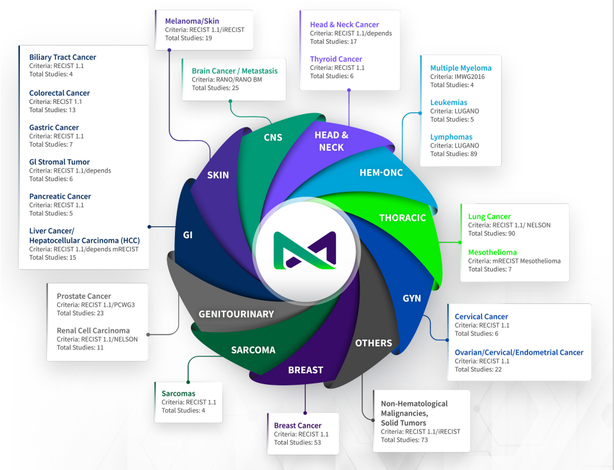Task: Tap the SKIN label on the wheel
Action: click(x=219, y=175)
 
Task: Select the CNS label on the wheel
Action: click(x=273, y=137)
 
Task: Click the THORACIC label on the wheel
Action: click(x=402, y=218)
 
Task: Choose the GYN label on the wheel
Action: click(x=411, y=299)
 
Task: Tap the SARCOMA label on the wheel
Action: click(x=253, y=350)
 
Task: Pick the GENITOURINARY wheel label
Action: click(x=236, y=314)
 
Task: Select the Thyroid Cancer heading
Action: click(x=336, y=59)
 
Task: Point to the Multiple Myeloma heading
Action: click(x=461, y=68)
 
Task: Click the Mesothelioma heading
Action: click(x=492, y=252)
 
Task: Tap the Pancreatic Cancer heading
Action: click(x=60, y=196)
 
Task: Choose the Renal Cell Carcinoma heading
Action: click(x=93, y=331)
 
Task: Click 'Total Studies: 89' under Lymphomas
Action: click(x=454, y=154)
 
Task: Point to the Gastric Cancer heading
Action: click(x=54, y=128)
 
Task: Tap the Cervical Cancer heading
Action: click(x=481, y=317)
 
